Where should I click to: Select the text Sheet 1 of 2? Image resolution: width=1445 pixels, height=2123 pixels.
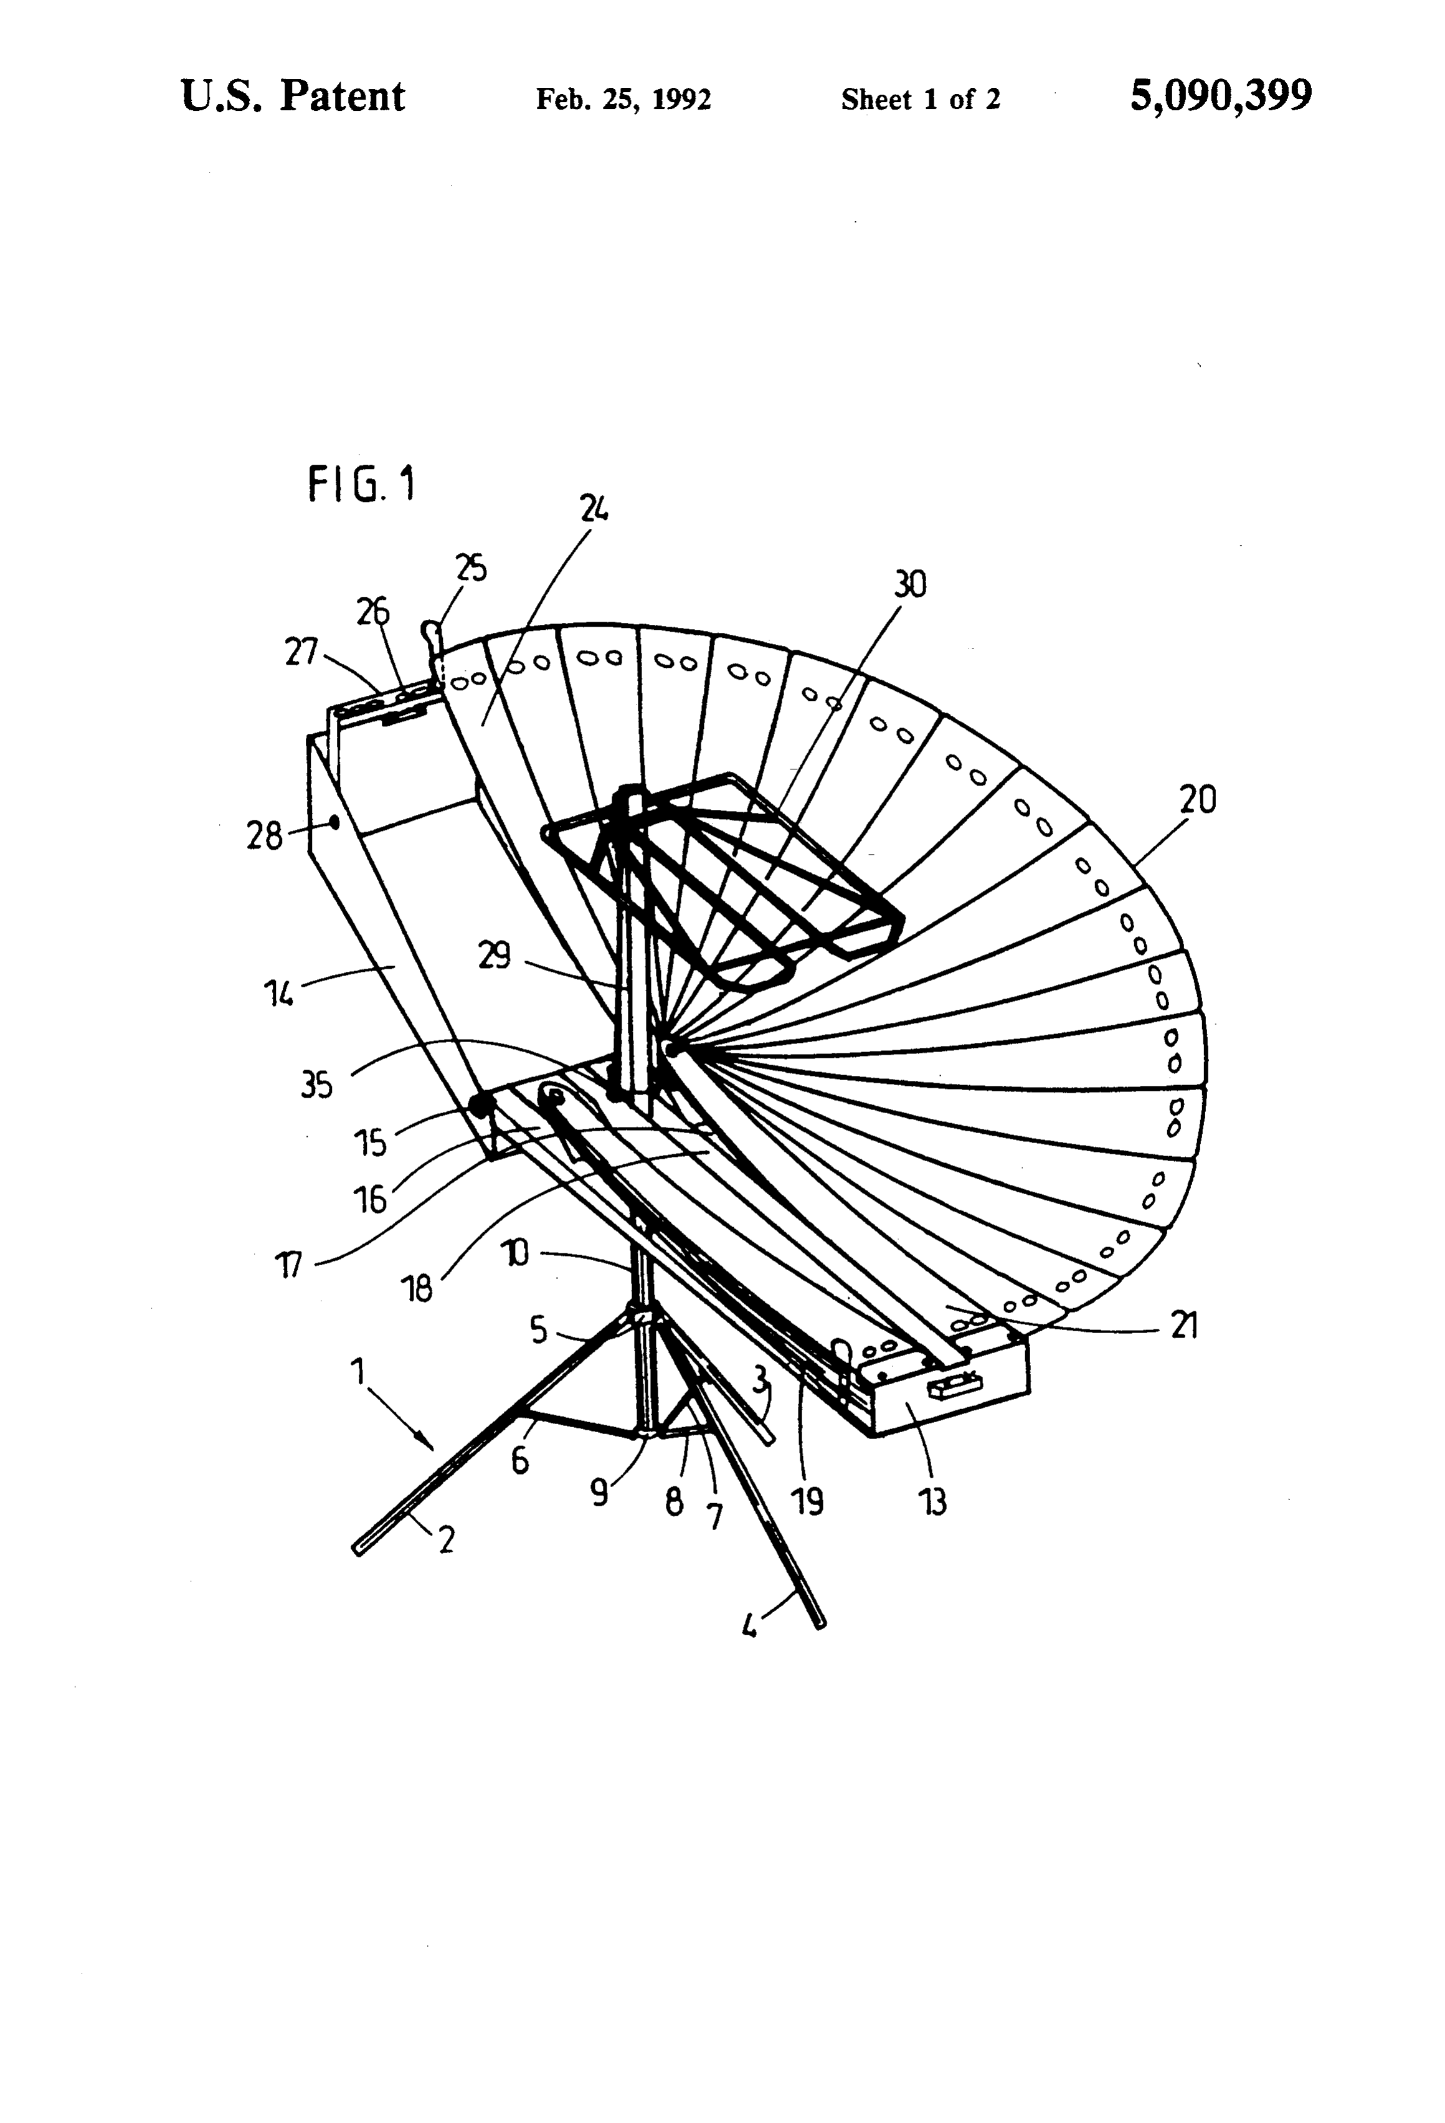[921, 98]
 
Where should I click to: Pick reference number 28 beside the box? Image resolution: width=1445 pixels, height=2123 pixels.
[265, 835]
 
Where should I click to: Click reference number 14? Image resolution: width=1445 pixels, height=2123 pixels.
[278, 993]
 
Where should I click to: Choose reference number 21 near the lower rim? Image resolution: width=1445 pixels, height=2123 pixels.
[1184, 1326]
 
